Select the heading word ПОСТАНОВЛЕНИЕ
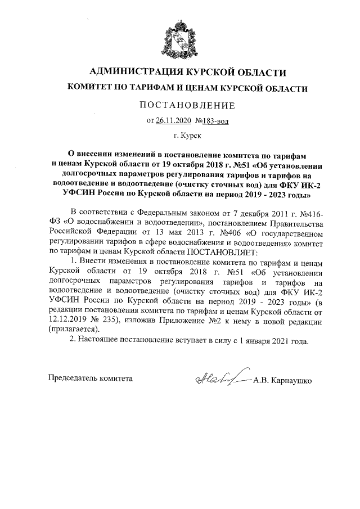pos(179,105)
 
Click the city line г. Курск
pos(180,135)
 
